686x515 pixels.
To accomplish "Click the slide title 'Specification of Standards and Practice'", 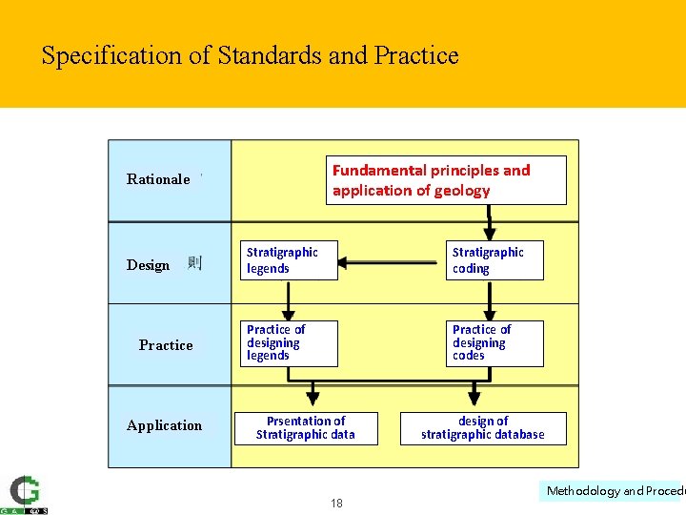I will [x=250, y=55].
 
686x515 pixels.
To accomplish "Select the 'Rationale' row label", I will [x=158, y=179].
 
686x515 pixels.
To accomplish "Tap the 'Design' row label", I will [x=149, y=265].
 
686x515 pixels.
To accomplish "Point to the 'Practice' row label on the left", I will [x=166, y=345].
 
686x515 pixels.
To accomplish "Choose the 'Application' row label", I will [x=164, y=425].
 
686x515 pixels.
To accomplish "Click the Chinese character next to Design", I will [x=194, y=263].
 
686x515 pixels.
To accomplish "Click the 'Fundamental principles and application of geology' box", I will [x=446, y=180].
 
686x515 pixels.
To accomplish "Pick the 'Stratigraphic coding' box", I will [x=495, y=260].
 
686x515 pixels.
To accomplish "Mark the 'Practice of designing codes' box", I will [x=495, y=342].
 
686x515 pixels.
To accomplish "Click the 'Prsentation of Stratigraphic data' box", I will [x=306, y=428].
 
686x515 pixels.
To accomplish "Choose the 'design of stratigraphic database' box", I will [x=483, y=428].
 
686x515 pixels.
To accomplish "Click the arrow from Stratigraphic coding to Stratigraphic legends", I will [x=391, y=260].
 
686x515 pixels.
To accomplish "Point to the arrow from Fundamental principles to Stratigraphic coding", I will [x=490, y=221].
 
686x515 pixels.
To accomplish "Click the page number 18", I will [x=337, y=504].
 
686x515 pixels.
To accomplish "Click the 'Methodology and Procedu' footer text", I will [x=615, y=491].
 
